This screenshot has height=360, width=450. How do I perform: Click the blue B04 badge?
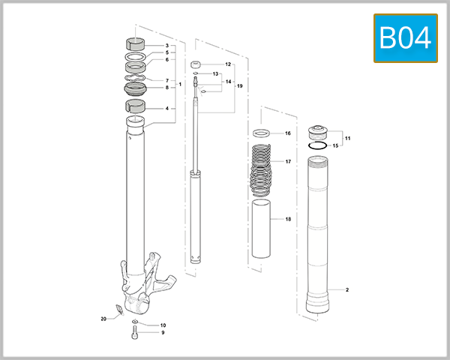pyautogui.click(x=406, y=37)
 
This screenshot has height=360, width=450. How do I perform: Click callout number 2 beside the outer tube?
pyautogui.click(x=347, y=289)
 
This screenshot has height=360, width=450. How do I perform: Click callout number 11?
pyautogui.click(x=347, y=139)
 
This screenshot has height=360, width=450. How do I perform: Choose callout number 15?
pyautogui.click(x=336, y=145)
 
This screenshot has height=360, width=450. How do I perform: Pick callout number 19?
pyautogui.click(x=240, y=86)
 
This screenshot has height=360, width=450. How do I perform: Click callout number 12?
pyautogui.click(x=227, y=65)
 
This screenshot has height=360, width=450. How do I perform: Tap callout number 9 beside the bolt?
pyautogui.click(x=162, y=332)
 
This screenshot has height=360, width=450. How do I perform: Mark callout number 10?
pyautogui.click(x=162, y=325)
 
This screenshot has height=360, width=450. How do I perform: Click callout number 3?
pyautogui.click(x=166, y=46)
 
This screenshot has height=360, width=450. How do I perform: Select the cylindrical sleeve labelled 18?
pyautogui.click(x=262, y=229)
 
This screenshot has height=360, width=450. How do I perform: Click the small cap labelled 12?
pyautogui.click(x=196, y=64)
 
